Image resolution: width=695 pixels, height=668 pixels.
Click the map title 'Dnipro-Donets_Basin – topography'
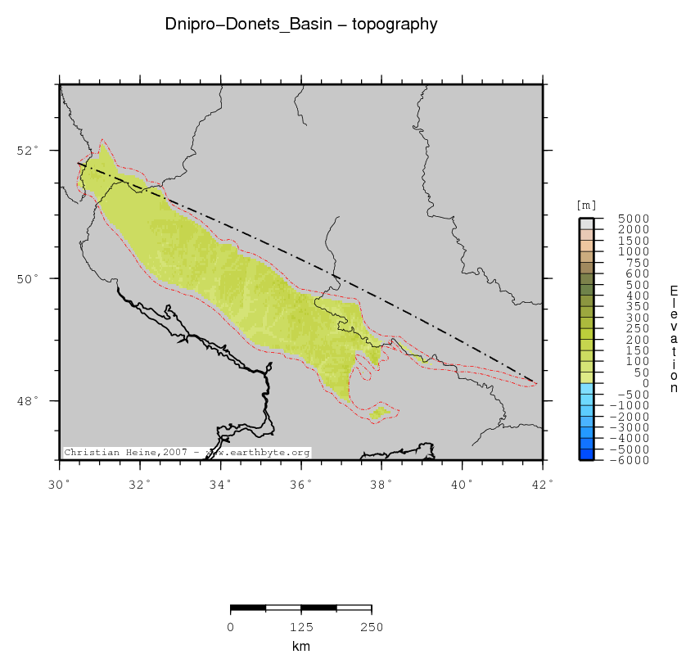[x=301, y=25]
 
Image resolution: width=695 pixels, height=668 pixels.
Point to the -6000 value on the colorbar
[x=611, y=461]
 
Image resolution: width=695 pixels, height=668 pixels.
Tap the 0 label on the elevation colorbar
[x=622, y=383]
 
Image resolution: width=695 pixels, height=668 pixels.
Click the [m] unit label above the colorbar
[x=586, y=205]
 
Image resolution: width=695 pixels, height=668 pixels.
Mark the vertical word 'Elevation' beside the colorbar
[x=674, y=339]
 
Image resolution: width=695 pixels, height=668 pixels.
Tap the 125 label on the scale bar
[x=301, y=628]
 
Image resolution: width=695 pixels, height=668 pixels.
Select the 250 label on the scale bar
[x=372, y=628]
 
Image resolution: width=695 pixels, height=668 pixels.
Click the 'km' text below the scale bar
[x=301, y=647]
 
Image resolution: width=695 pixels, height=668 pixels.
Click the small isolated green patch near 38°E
[x=381, y=413]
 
